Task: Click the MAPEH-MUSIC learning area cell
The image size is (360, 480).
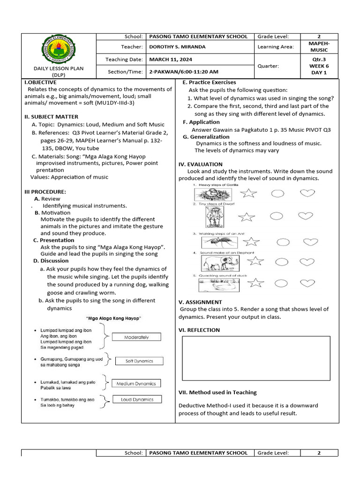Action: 319,46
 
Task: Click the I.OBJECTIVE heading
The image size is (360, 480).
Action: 40,82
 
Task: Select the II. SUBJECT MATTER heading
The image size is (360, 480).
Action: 51,117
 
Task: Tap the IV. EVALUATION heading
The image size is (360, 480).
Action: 200,164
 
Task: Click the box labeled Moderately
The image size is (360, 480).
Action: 136,337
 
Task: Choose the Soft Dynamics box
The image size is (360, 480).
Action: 139,361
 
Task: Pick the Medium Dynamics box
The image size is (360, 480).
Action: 136,383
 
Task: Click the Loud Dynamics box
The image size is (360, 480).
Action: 136,399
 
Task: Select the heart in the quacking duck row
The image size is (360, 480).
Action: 307,283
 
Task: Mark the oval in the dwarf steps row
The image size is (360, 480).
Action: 277,216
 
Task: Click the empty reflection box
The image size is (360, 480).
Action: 255,358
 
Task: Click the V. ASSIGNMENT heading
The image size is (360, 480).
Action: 200,302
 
